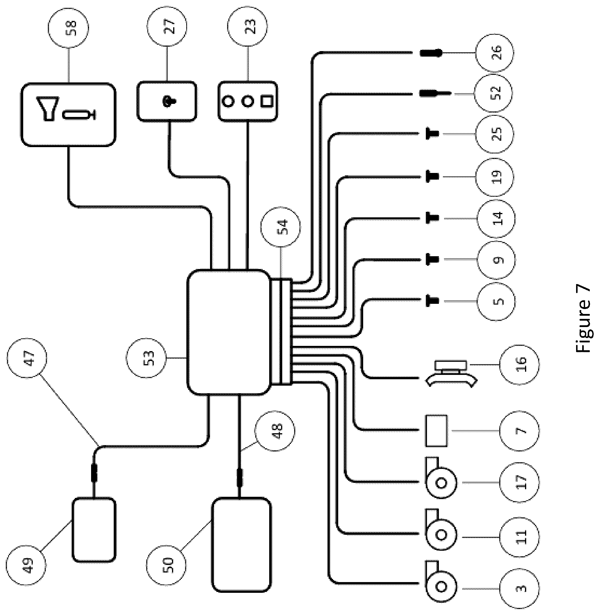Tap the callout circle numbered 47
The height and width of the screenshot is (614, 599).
point(26,358)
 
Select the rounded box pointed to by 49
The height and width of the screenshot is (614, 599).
point(94,530)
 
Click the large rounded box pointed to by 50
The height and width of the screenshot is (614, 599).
point(241,545)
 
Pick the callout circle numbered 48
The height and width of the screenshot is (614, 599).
point(275,431)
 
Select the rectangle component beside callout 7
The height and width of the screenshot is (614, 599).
point(436,431)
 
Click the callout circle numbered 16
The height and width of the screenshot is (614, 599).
point(520,365)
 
